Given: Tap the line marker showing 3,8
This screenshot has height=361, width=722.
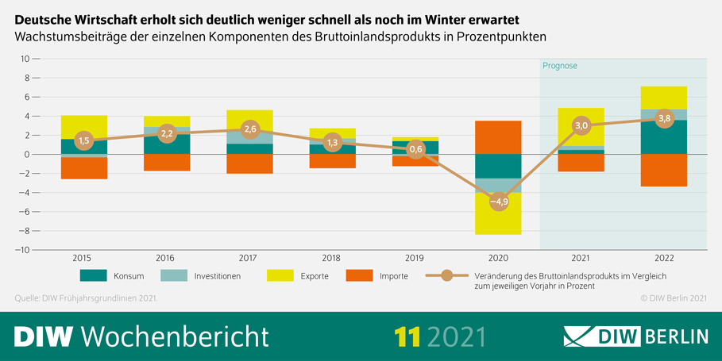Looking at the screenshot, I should (x=665, y=118).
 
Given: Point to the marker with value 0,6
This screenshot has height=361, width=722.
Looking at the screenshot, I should (x=415, y=149).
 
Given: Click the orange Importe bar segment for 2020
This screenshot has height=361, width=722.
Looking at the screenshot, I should (x=499, y=137).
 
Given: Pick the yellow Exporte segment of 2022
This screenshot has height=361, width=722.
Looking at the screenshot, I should (x=665, y=98).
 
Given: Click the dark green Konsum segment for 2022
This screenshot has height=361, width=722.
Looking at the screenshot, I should (x=665, y=137).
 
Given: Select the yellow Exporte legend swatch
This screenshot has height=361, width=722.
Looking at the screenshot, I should (x=280, y=276).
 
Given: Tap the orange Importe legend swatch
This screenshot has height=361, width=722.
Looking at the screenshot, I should (x=359, y=276).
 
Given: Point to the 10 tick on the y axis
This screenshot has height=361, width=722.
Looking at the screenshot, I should (x=24, y=59).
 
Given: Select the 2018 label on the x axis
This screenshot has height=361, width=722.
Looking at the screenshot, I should (x=332, y=258).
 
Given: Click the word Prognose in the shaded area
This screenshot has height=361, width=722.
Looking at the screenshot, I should (x=560, y=66).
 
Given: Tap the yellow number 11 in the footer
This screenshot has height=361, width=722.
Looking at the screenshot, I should (x=407, y=336).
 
